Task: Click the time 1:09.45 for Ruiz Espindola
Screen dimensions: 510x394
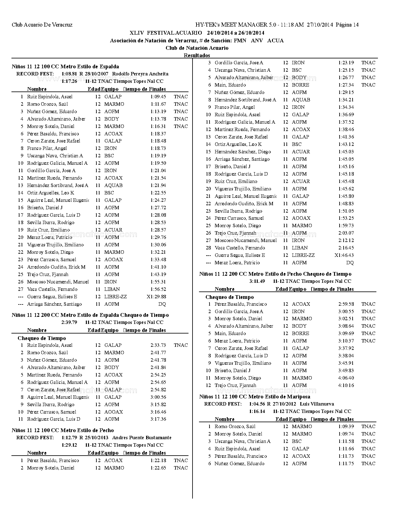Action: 158,97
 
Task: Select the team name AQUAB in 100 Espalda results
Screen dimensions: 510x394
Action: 113,185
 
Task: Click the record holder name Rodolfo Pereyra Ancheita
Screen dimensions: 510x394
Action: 140,74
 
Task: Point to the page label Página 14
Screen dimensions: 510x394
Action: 347,25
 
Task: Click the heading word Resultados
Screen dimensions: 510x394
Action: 197,56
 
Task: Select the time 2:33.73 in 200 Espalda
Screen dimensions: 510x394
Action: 158,345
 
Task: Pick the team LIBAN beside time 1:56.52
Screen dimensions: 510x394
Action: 112,289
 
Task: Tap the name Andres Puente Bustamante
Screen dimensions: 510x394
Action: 142,438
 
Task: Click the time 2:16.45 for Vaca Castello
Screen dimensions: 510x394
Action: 346,248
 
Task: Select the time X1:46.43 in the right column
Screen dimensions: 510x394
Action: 344,255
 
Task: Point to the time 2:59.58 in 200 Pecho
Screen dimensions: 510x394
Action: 346,304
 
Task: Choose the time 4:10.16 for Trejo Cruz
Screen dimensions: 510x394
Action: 346,385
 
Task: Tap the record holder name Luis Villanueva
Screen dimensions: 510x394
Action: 317,404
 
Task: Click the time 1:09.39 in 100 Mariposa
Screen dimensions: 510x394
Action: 346,427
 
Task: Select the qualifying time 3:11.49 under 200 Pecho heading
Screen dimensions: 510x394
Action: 257,281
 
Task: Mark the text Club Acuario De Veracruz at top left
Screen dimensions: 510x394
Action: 42,25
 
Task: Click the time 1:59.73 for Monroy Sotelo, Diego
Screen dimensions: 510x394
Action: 346,226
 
